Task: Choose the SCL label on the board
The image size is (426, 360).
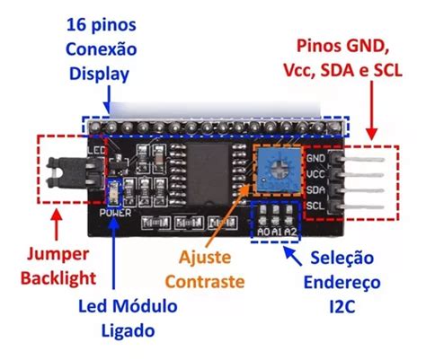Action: click(315, 205)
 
